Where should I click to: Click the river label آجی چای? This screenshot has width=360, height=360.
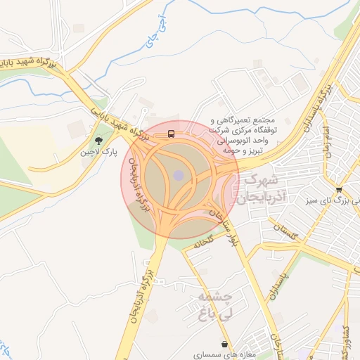[156, 31]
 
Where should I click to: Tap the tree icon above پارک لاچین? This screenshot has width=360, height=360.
[97, 141]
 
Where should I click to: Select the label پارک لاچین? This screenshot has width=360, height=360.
[98, 152]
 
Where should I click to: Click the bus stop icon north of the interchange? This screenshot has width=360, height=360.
[171, 134]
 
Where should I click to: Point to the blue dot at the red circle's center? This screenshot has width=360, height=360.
[179, 174]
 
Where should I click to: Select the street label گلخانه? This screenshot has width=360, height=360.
[199, 244]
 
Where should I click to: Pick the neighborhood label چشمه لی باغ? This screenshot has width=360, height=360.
[215, 308]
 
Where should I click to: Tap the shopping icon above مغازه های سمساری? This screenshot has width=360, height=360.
[224, 345]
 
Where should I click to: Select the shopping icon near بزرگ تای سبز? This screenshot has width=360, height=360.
[340, 190]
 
